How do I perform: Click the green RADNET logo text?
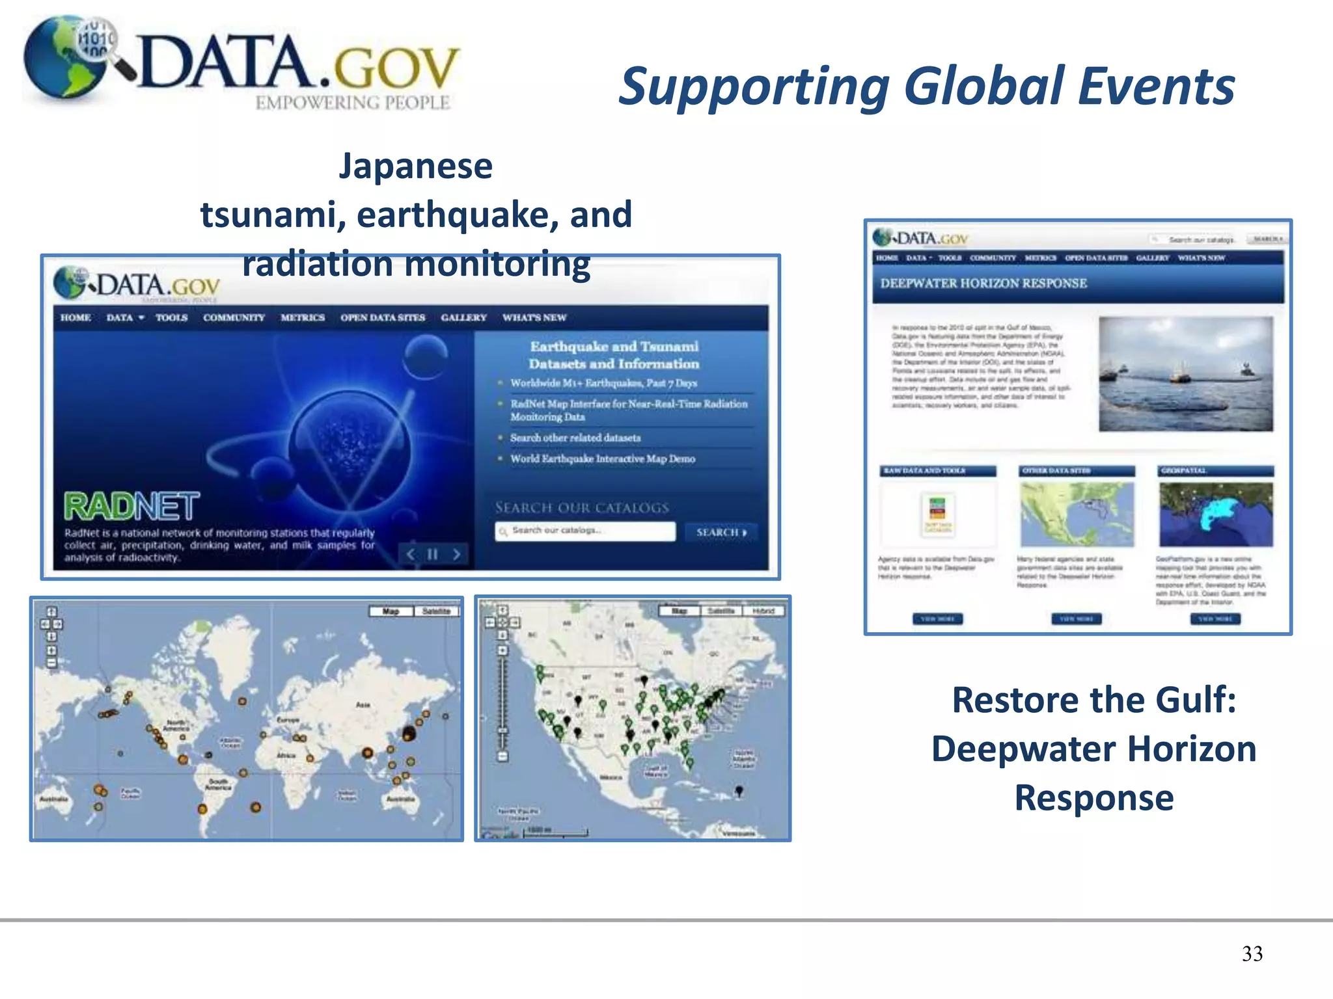pyautogui.click(x=131, y=507)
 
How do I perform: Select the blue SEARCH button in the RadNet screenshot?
pyautogui.click(x=720, y=532)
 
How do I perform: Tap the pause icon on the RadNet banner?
pyautogui.click(x=433, y=554)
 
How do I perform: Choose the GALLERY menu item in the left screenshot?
pyautogui.click(x=463, y=317)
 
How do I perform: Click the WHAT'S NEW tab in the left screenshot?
pyautogui.click(x=534, y=317)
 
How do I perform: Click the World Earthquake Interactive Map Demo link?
pyautogui.click(x=602, y=459)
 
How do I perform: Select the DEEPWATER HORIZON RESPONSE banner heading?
pyautogui.click(x=983, y=284)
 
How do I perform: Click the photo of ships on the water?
pyautogui.click(x=1185, y=374)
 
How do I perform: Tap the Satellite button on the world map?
pyautogui.click(x=436, y=611)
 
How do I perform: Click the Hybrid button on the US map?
pyautogui.click(x=763, y=611)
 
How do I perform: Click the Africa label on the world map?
pyautogui.click(x=286, y=756)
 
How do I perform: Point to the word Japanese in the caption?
pyautogui.click(x=415, y=166)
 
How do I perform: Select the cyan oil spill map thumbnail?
pyautogui.click(x=1216, y=514)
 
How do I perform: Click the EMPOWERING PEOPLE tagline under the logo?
pyautogui.click(x=352, y=103)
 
